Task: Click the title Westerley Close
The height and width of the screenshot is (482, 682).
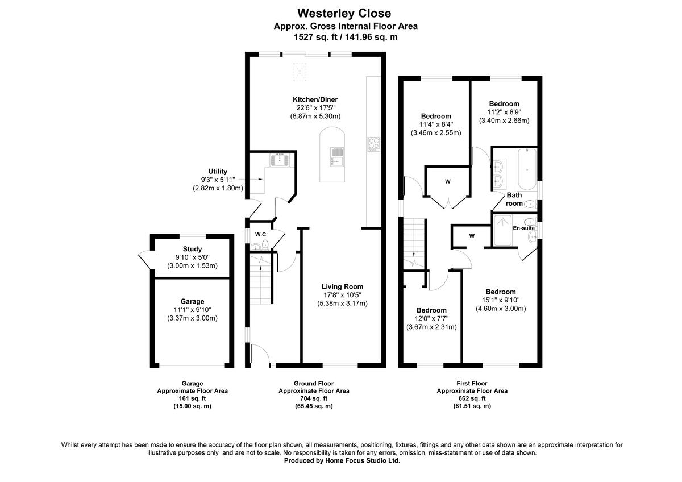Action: (x=344, y=13)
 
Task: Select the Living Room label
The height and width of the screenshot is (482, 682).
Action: (x=342, y=286)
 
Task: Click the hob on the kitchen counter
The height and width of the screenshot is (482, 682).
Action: (x=374, y=145)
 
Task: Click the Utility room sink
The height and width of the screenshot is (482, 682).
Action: (x=281, y=160)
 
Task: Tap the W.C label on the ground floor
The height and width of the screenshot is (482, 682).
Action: (x=261, y=234)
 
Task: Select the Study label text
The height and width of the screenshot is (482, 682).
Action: (x=192, y=249)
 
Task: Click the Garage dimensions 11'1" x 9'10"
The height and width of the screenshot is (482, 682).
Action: (x=192, y=310)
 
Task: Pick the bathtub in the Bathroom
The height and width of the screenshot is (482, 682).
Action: (x=525, y=168)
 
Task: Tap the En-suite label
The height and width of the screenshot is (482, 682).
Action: (x=523, y=228)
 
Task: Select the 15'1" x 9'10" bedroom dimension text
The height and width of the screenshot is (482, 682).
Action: (x=501, y=300)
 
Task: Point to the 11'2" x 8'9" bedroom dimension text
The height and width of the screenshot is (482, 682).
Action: (x=504, y=112)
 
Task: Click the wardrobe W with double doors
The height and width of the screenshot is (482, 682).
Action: (x=447, y=182)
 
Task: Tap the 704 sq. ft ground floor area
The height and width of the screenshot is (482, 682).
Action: (x=314, y=398)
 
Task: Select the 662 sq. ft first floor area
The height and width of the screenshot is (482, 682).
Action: (x=472, y=398)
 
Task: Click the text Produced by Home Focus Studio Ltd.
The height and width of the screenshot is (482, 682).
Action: (x=342, y=461)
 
